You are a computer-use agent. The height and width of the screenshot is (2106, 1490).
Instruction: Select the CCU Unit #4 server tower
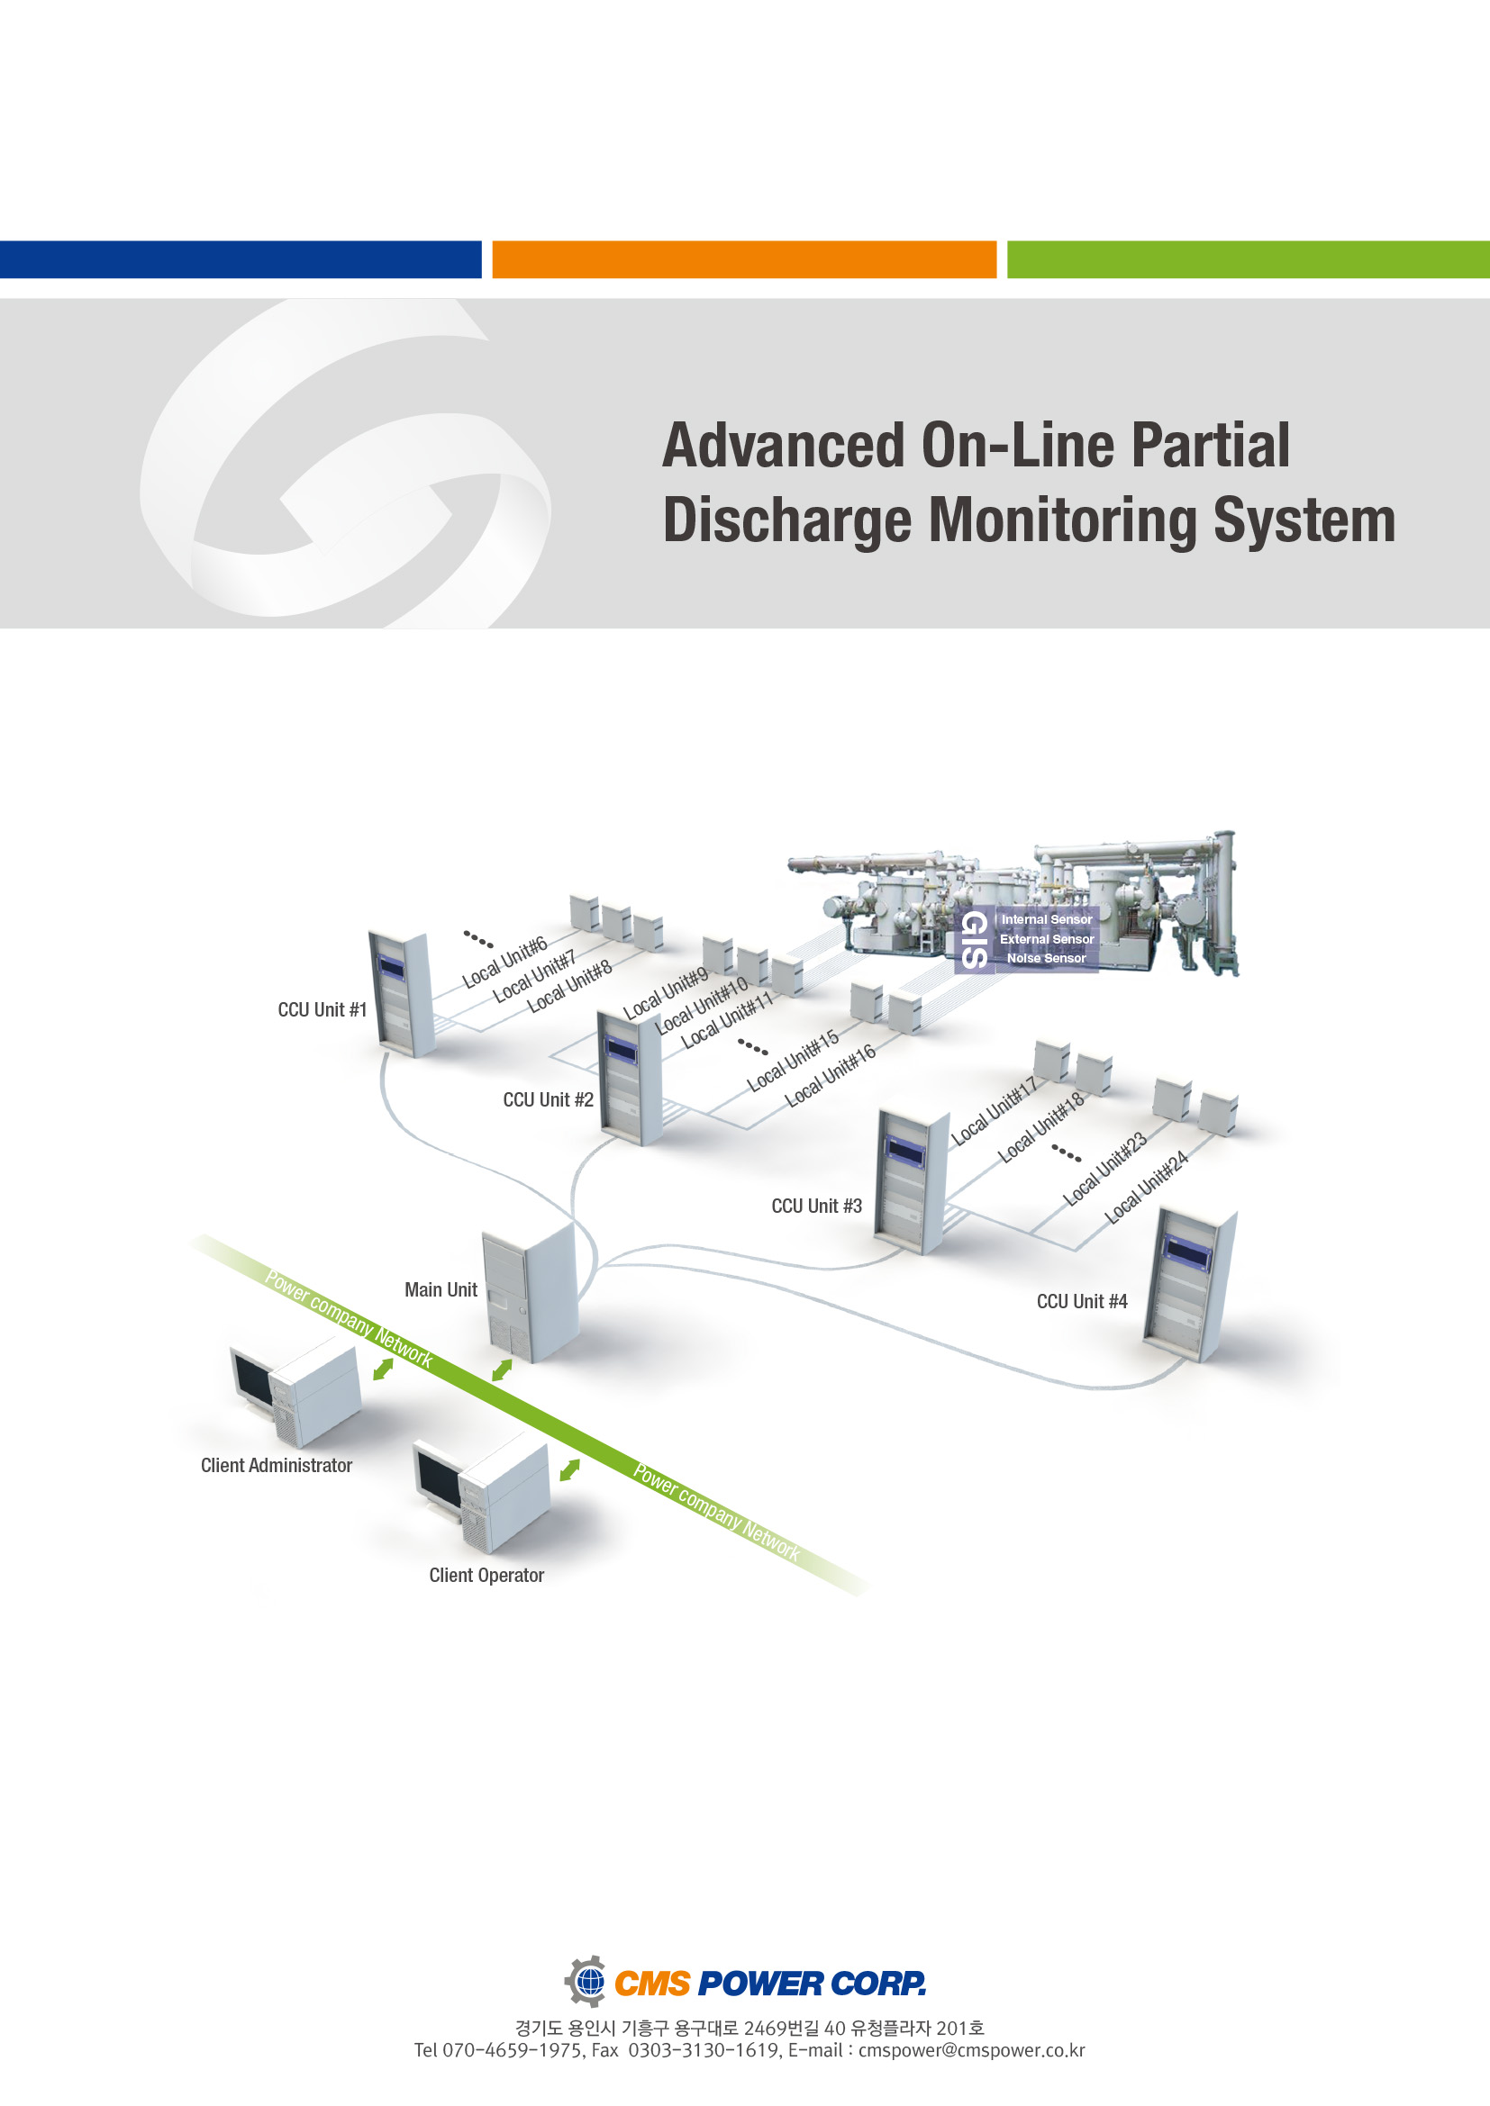[x=1190, y=1284]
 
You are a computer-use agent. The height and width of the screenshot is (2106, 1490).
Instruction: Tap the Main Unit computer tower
[x=531, y=1293]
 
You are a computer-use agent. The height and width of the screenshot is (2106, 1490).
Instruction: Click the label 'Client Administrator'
[x=277, y=1465]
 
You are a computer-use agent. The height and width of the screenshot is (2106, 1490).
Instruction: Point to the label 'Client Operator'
[x=486, y=1575]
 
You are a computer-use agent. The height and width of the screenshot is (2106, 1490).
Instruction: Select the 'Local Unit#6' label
[x=504, y=963]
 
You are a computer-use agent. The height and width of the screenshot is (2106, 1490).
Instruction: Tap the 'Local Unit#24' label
[x=1146, y=1187]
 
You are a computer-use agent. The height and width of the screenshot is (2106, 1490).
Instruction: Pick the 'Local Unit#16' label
[x=830, y=1075]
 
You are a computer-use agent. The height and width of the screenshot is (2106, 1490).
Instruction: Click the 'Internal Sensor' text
[x=1046, y=919]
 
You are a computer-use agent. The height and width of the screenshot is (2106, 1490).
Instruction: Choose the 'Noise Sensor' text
[x=1046, y=958]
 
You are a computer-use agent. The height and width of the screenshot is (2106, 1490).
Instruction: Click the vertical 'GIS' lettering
[x=975, y=939]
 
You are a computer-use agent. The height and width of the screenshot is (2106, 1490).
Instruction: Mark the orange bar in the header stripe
[x=744, y=259]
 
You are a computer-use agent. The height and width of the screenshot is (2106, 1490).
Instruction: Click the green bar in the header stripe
[x=1248, y=259]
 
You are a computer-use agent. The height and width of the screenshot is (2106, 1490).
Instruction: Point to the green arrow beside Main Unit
[x=502, y=1369]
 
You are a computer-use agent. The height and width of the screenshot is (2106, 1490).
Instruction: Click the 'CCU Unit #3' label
[x=816, y=1207]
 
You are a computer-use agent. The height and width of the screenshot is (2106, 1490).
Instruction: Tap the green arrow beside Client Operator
[x=569, y=1469]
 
